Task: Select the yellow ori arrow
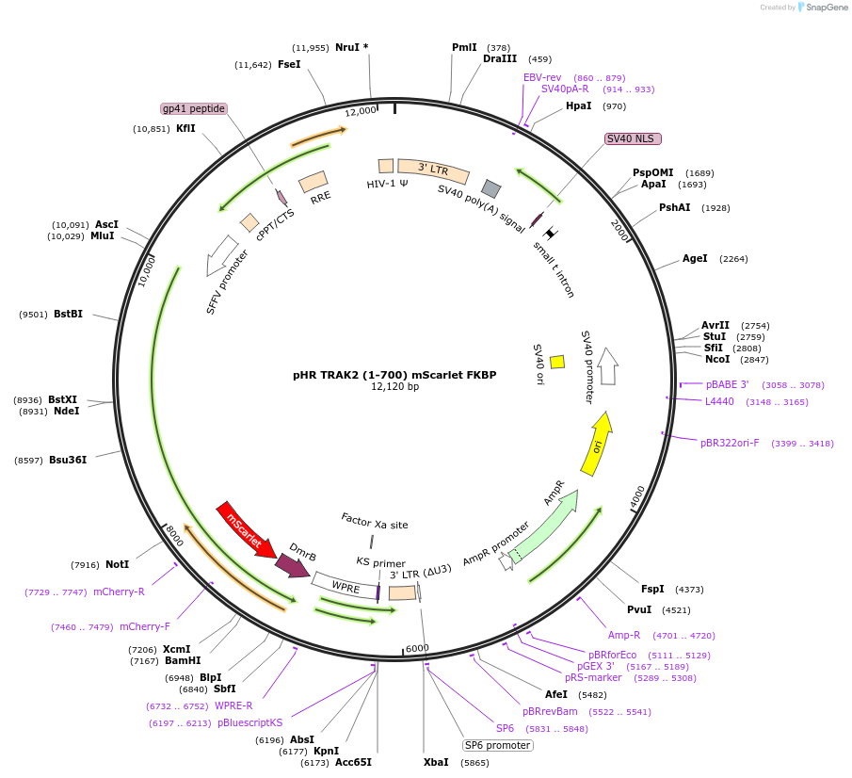[597, 444]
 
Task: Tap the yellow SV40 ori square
[557, 362]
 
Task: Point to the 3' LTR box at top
[433, 170]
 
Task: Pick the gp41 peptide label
[193, 108]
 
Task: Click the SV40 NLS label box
[633, 138]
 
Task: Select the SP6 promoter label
[498, 745]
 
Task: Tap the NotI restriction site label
[118, 564]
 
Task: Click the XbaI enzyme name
[436, 762]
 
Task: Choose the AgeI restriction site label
[695, 259]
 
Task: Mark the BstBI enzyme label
[69, 315]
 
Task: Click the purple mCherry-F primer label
[145, 627]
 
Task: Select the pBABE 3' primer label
[727, 385]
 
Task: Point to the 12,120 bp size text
[395, 386]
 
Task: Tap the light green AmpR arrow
[544, 526]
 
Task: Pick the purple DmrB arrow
[293, 565]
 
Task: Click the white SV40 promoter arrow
[607, 366]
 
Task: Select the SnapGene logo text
[826, 8]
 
